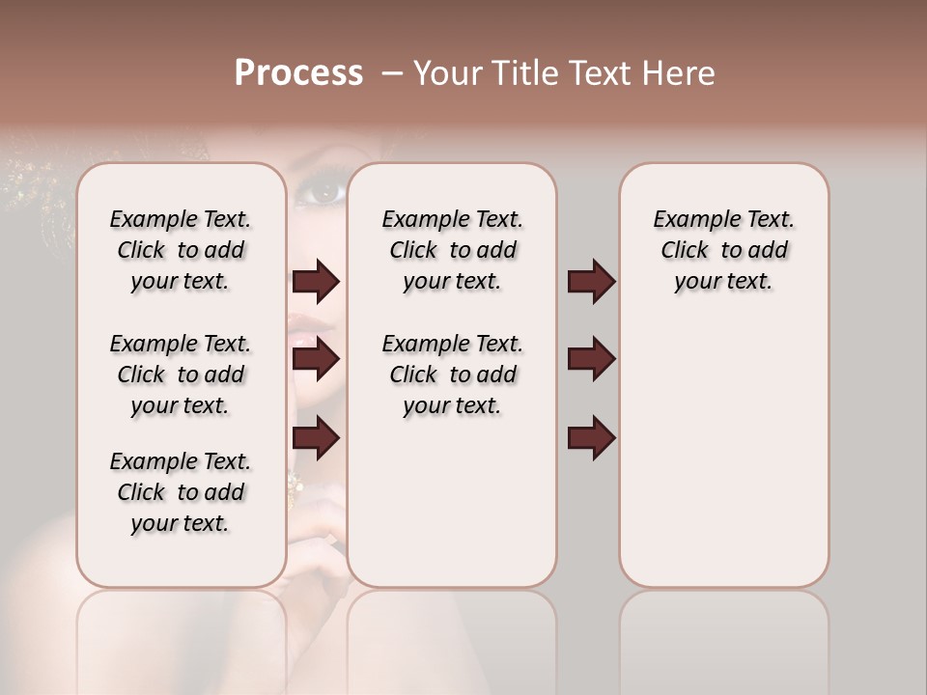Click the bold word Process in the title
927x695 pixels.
click(298, 73)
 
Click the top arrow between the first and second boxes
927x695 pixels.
click(316, 282)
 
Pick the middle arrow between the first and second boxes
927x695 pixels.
click(316, 360)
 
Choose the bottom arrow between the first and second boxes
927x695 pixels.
click(316, 439)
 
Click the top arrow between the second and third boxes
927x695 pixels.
click(591, 282)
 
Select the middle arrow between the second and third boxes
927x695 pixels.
click(591, 360)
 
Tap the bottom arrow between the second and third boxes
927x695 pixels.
click(591, 439)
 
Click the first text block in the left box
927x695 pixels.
click(181, 250)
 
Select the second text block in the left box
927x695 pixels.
click(181, 375)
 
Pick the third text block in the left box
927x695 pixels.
click(181, 492)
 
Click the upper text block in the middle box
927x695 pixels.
click(452, 250)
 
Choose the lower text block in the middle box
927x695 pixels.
click(452, 375)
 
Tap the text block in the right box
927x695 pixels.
click(723, 250)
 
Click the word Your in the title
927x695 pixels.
click(450, 73)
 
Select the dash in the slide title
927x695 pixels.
click(392, 73)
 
